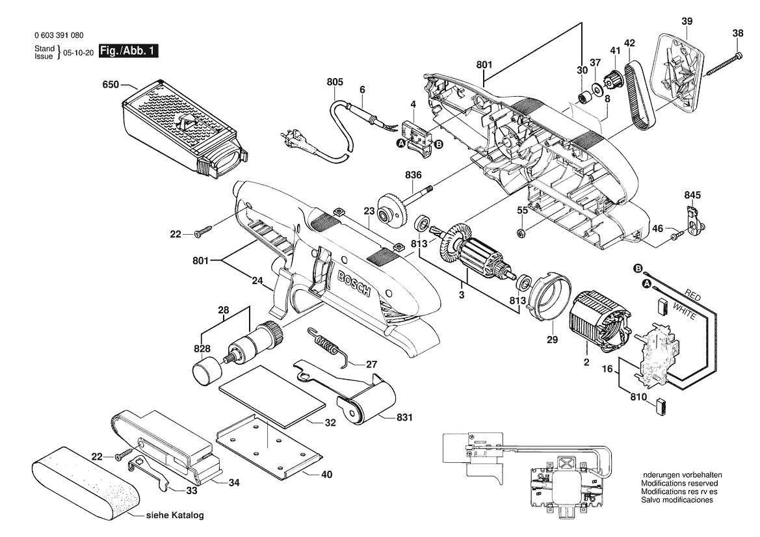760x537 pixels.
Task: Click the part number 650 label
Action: [x=112, y=85]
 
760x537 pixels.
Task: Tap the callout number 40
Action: [x=326, y=475]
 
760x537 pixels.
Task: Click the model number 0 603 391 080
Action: [x=59, y=36]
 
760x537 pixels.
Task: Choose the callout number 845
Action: [x=692, y=194]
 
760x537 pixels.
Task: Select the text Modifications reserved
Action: [x=679, y=484]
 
